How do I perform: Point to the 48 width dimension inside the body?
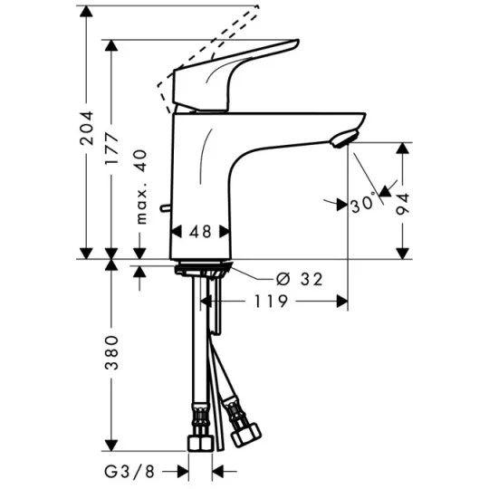(x=201, y=231)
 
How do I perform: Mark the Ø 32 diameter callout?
(x=297, y=280)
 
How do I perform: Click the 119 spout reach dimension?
(x=271, y=301)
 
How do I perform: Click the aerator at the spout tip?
(x=343, y=139)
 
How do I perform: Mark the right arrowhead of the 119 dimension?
(x=342, y=301)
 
